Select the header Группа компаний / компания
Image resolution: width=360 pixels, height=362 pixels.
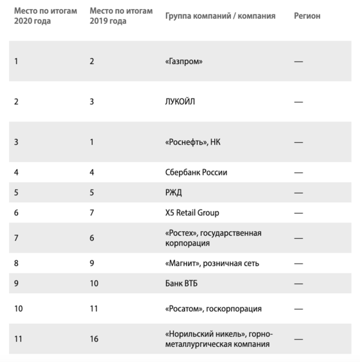(x=220, y=16)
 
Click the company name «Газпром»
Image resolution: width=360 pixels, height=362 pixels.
(x=183, y=61)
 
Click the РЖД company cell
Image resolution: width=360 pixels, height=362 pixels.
(x=174, y=192)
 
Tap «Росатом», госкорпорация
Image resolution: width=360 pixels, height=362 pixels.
(x=213, y=308)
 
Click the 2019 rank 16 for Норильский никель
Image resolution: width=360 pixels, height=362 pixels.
(x=94, y=339)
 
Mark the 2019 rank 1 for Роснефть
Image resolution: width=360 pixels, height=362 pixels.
(x=91, y=142)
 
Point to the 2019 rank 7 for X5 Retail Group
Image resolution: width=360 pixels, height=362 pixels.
(x=92, y=212)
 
